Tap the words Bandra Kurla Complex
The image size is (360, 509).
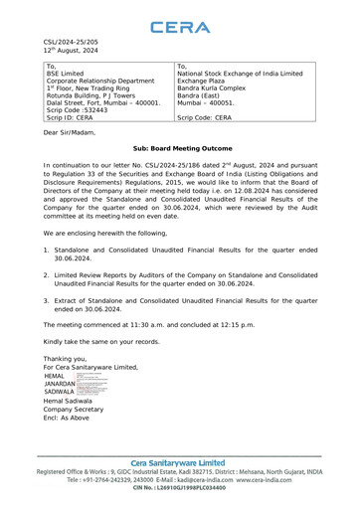[x=223, y=100]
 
